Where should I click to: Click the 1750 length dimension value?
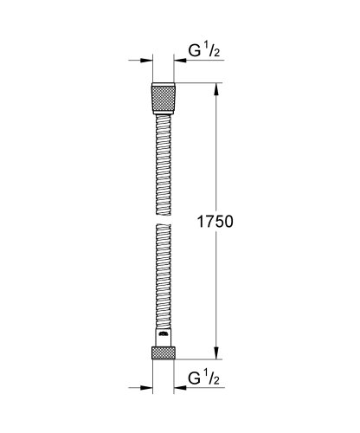point(215,221)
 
